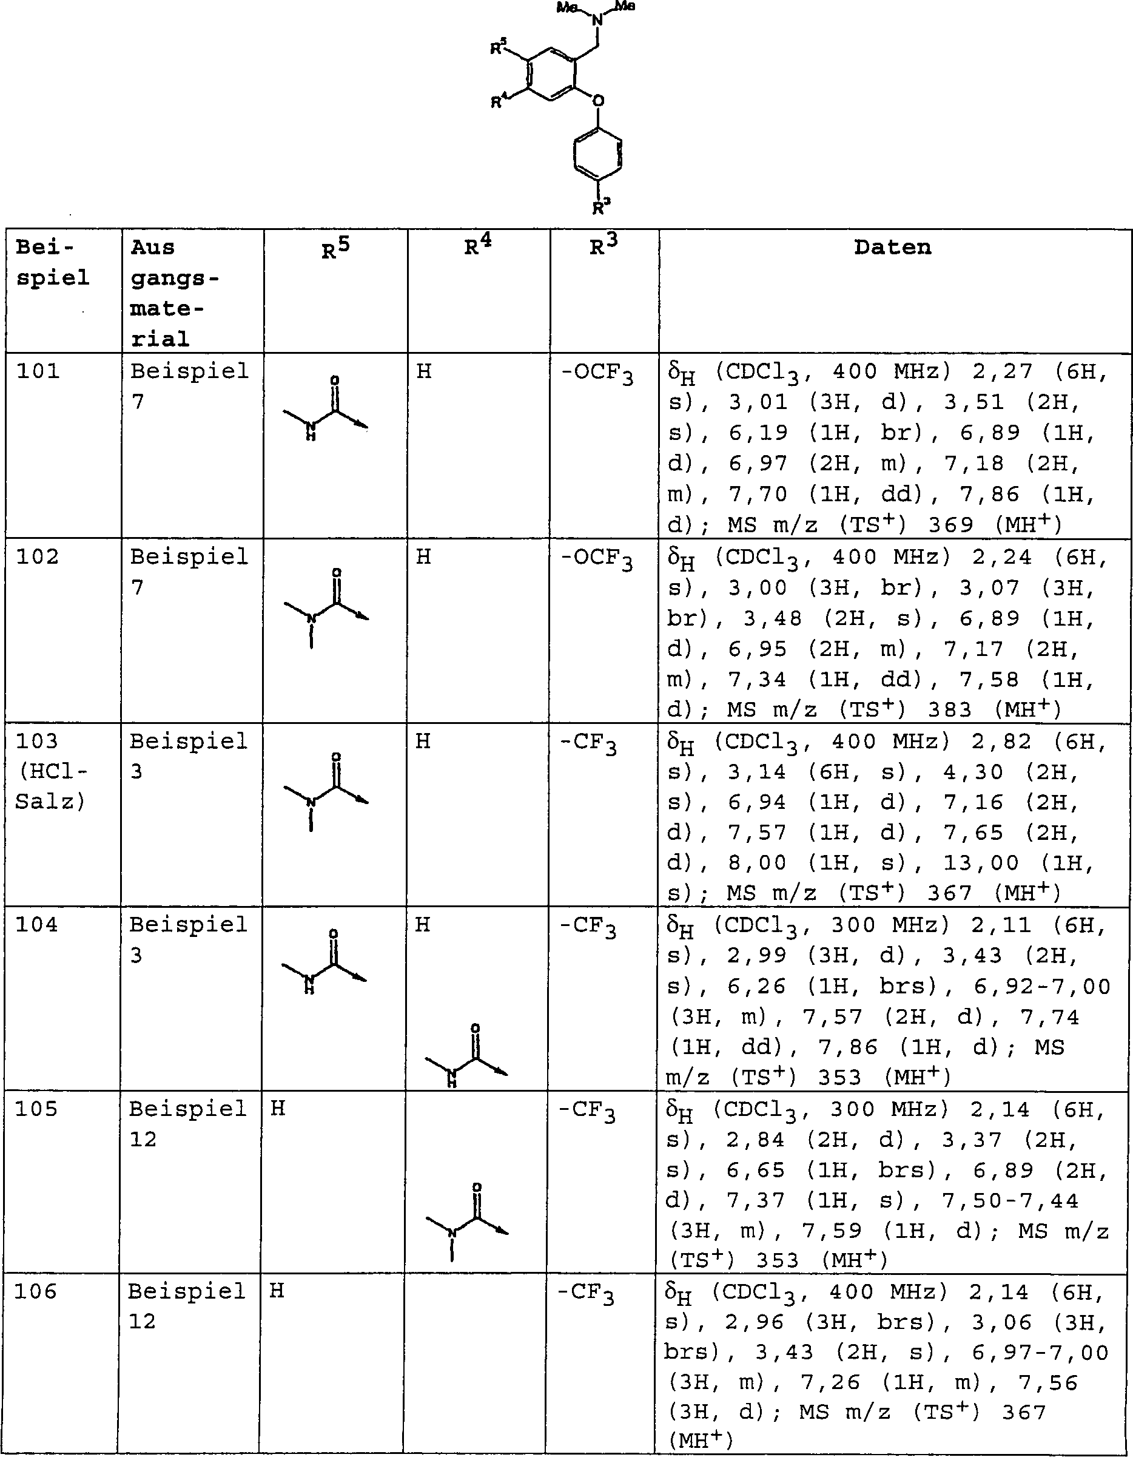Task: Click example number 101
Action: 38,371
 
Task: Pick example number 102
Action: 38,556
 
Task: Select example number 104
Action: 38,925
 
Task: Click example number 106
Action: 36,1291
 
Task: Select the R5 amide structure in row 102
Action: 327,607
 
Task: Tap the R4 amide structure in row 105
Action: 468,1222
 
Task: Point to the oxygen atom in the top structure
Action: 598,101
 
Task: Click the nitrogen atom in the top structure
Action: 597,20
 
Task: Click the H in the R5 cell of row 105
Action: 278,1109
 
